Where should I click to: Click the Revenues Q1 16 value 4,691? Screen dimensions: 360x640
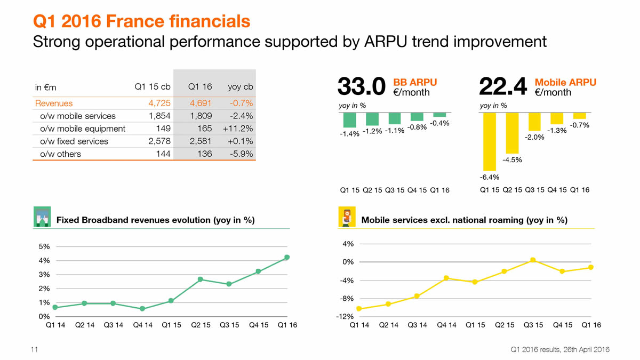(200, 103)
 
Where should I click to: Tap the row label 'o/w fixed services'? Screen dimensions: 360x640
(74, 141)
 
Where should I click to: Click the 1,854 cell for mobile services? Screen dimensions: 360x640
(159, 116)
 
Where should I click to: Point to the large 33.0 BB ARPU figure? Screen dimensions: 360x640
(361, 87)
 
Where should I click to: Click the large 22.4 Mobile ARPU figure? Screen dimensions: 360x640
(503, 87)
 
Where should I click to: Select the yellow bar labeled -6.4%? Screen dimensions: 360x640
(489, 141)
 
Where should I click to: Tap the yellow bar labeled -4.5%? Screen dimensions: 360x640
(511, 133)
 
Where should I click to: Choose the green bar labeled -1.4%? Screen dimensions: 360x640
(350, 120)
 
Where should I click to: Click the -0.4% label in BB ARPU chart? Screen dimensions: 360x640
(439, 124)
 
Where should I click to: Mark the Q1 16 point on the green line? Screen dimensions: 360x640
(287, 257)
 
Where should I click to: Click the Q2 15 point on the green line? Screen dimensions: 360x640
(200, 279)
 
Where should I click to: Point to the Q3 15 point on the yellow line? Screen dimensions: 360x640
(533, 260)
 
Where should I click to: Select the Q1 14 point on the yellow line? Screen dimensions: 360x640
(359, 308)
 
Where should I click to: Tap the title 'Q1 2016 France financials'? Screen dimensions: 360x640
(141, 21)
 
